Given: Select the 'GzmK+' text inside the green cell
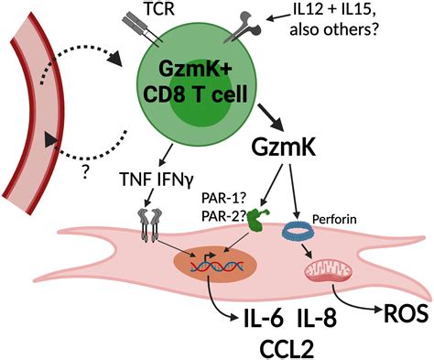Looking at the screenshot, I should [x=194, y=74].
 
